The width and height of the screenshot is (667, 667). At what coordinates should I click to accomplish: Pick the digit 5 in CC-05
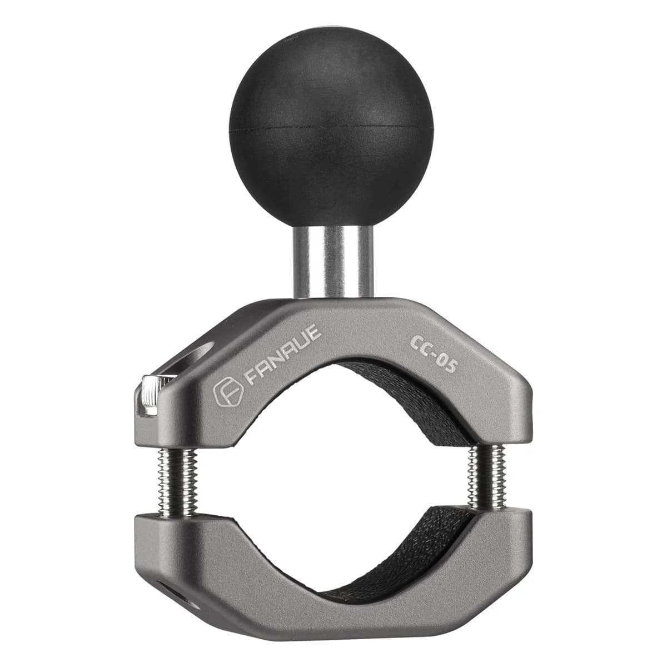(x=450, y=371)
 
